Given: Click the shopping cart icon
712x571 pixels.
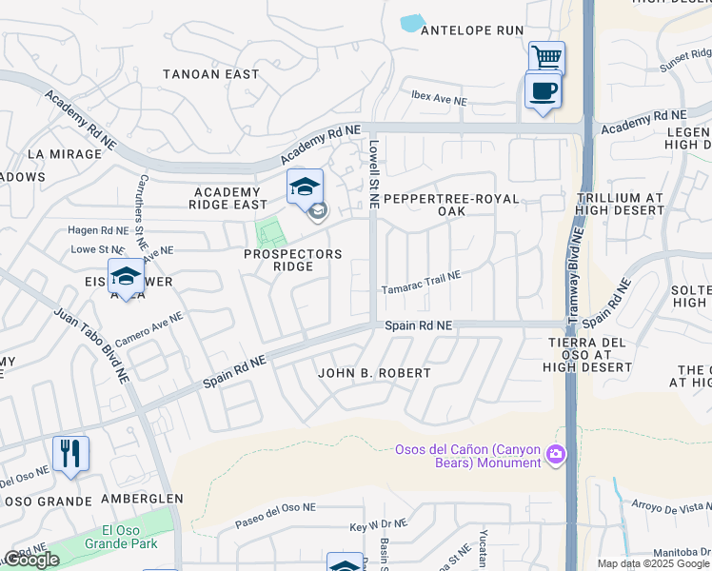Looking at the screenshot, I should pos(546,57).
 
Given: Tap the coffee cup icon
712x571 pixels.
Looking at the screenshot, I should pos(543,91).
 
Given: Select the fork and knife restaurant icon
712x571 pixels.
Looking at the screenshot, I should pos(70,454).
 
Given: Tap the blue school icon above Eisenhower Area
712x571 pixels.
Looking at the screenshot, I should pos(125,277).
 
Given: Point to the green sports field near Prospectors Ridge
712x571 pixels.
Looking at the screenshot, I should pos(270,232).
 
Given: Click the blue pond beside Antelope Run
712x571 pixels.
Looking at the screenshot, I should pos(412,23).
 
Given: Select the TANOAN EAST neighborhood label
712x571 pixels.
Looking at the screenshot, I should pos(211,74).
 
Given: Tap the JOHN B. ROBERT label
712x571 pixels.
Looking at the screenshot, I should pos(374,373).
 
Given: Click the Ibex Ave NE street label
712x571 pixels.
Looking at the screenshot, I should pos(439,100).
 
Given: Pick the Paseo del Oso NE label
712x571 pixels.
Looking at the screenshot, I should pos(276,522).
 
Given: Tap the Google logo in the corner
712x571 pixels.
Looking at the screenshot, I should pos(32,560).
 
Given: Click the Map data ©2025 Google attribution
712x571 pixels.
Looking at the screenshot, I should pos(653,563).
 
